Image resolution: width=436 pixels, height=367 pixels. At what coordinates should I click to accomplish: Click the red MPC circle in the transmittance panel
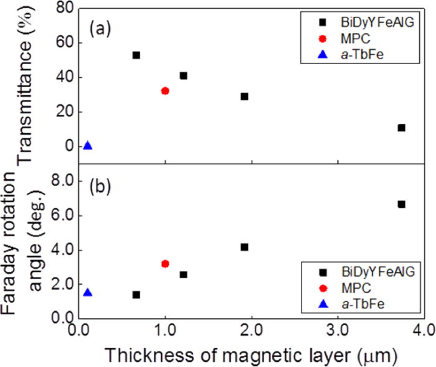165,91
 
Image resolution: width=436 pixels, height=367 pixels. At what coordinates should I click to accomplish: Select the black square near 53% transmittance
136,55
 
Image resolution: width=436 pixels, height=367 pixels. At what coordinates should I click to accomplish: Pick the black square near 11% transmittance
401,128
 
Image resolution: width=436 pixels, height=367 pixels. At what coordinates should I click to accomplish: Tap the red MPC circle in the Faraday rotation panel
165,264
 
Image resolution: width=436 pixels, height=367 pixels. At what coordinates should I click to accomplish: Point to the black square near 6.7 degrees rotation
401,204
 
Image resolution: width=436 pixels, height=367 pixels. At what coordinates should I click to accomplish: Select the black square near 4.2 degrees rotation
244,247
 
